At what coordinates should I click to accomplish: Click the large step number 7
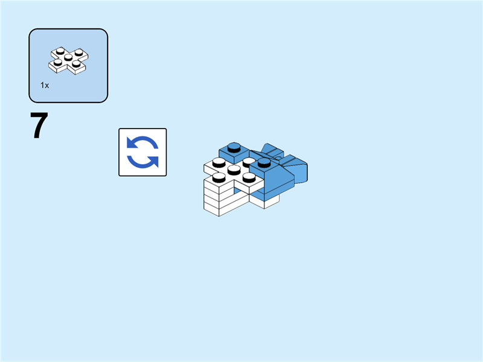pyautogui.click(x=39, y=126)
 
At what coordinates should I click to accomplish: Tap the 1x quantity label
pyautogui.click(x=45, y=86)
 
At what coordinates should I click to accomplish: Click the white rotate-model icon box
pyautogui.click(x=142, y=152)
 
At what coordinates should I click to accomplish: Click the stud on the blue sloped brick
pyautogui.click(x=263, y=163)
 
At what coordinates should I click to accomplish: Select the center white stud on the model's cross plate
pyautogui.click(x=234, y=170)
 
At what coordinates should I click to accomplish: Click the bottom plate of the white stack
pyautogui.click(x=220, y=209)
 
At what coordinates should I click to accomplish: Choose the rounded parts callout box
pyautogui.click(x=68, y=65)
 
